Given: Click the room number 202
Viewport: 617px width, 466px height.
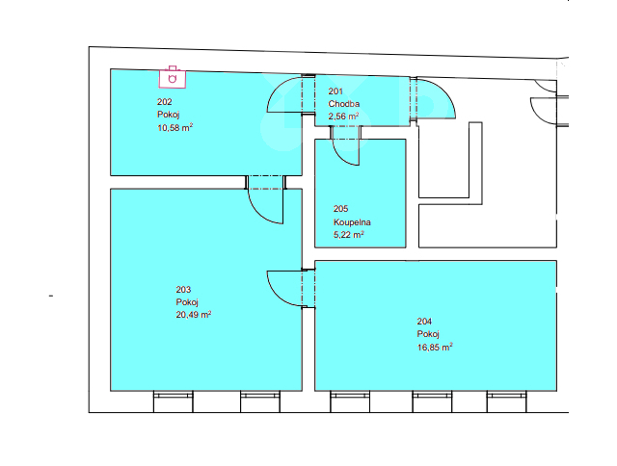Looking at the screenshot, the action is tap(165, 102).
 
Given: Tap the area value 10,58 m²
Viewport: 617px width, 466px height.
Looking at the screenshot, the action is tap(175, 128).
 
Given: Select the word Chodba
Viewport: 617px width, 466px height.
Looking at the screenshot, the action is tap(344, 104).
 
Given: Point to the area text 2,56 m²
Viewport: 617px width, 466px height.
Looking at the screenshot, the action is tap(343, 116).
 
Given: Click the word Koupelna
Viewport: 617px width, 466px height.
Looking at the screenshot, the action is tap(352, 222).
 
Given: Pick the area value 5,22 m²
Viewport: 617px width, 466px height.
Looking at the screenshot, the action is tap(349, 235).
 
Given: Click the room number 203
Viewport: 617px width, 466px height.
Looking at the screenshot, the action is tap(183, 290).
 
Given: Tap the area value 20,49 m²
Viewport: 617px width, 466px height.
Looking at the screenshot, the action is tap(194, 315).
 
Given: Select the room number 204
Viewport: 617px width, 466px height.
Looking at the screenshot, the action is tap(424, 322).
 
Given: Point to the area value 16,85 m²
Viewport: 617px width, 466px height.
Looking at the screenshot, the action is tap(435, 348).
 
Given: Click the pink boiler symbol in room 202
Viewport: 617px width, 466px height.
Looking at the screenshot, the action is tap(173, 77).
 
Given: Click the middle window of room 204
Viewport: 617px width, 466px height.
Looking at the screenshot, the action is tap(432, 401).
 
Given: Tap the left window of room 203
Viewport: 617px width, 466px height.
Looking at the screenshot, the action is tap(174, 401).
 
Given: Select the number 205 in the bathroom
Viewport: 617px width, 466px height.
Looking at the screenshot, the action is tap(340, 209).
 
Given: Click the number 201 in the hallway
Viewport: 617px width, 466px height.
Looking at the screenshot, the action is tap(335, 91).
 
